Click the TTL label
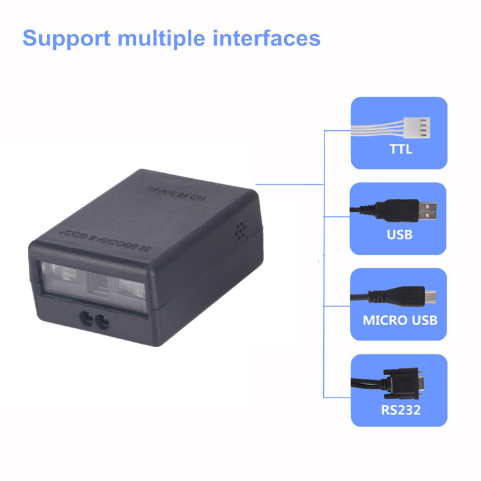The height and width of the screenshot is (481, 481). point(401,151)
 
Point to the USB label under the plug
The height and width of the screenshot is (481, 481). point(400,234)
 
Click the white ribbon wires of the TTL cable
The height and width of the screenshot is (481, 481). point(381,128)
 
